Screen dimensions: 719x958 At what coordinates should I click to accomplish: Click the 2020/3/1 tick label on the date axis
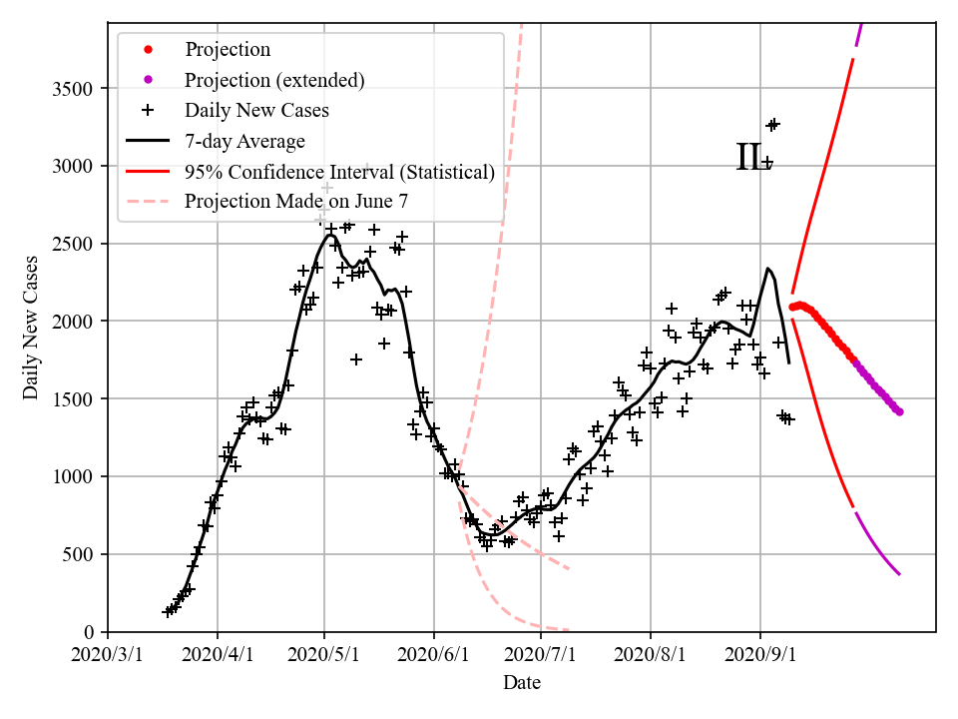point(108,656)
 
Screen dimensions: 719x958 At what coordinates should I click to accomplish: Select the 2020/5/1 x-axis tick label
point(324,656)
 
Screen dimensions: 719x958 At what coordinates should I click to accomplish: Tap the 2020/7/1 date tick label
point(541,656)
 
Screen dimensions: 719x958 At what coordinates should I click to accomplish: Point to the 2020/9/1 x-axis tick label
point(760,656)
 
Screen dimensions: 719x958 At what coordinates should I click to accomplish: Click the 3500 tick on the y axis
point(71,89)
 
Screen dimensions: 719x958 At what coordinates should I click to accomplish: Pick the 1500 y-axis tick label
point(71,399)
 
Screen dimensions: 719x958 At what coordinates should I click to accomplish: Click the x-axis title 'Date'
point(522,683)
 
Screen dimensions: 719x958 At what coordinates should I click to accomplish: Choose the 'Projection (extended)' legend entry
point(274,79)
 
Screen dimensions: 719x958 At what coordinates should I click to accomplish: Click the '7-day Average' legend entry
point(244,141)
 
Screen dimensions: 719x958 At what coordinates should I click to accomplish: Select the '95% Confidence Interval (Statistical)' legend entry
point(339,172)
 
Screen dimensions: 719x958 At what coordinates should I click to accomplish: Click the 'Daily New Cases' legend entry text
point(256,110)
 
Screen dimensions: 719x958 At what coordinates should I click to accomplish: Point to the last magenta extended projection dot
point(899,411)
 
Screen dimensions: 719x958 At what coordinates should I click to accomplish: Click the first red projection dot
point(792,308)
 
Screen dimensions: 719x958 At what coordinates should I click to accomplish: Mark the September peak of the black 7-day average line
point(767,268)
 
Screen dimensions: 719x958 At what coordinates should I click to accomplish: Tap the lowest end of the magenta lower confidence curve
point(899,574)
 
